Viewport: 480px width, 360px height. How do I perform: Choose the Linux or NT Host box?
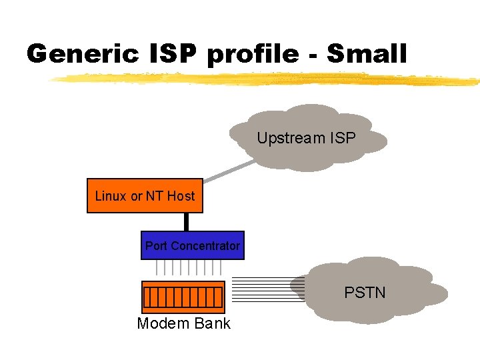(145, 195)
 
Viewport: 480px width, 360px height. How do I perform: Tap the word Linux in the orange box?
(111, 196)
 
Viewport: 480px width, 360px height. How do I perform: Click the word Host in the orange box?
(181, 196)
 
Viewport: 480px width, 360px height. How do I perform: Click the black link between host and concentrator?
(187, 221)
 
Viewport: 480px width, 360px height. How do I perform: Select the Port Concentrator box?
(192, 246)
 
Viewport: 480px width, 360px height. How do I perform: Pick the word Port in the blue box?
(156, 246)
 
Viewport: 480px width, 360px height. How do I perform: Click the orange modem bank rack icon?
(183, 297)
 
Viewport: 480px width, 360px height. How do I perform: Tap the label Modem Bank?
(183, 324)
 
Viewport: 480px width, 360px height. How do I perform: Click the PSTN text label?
(365, 292)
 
